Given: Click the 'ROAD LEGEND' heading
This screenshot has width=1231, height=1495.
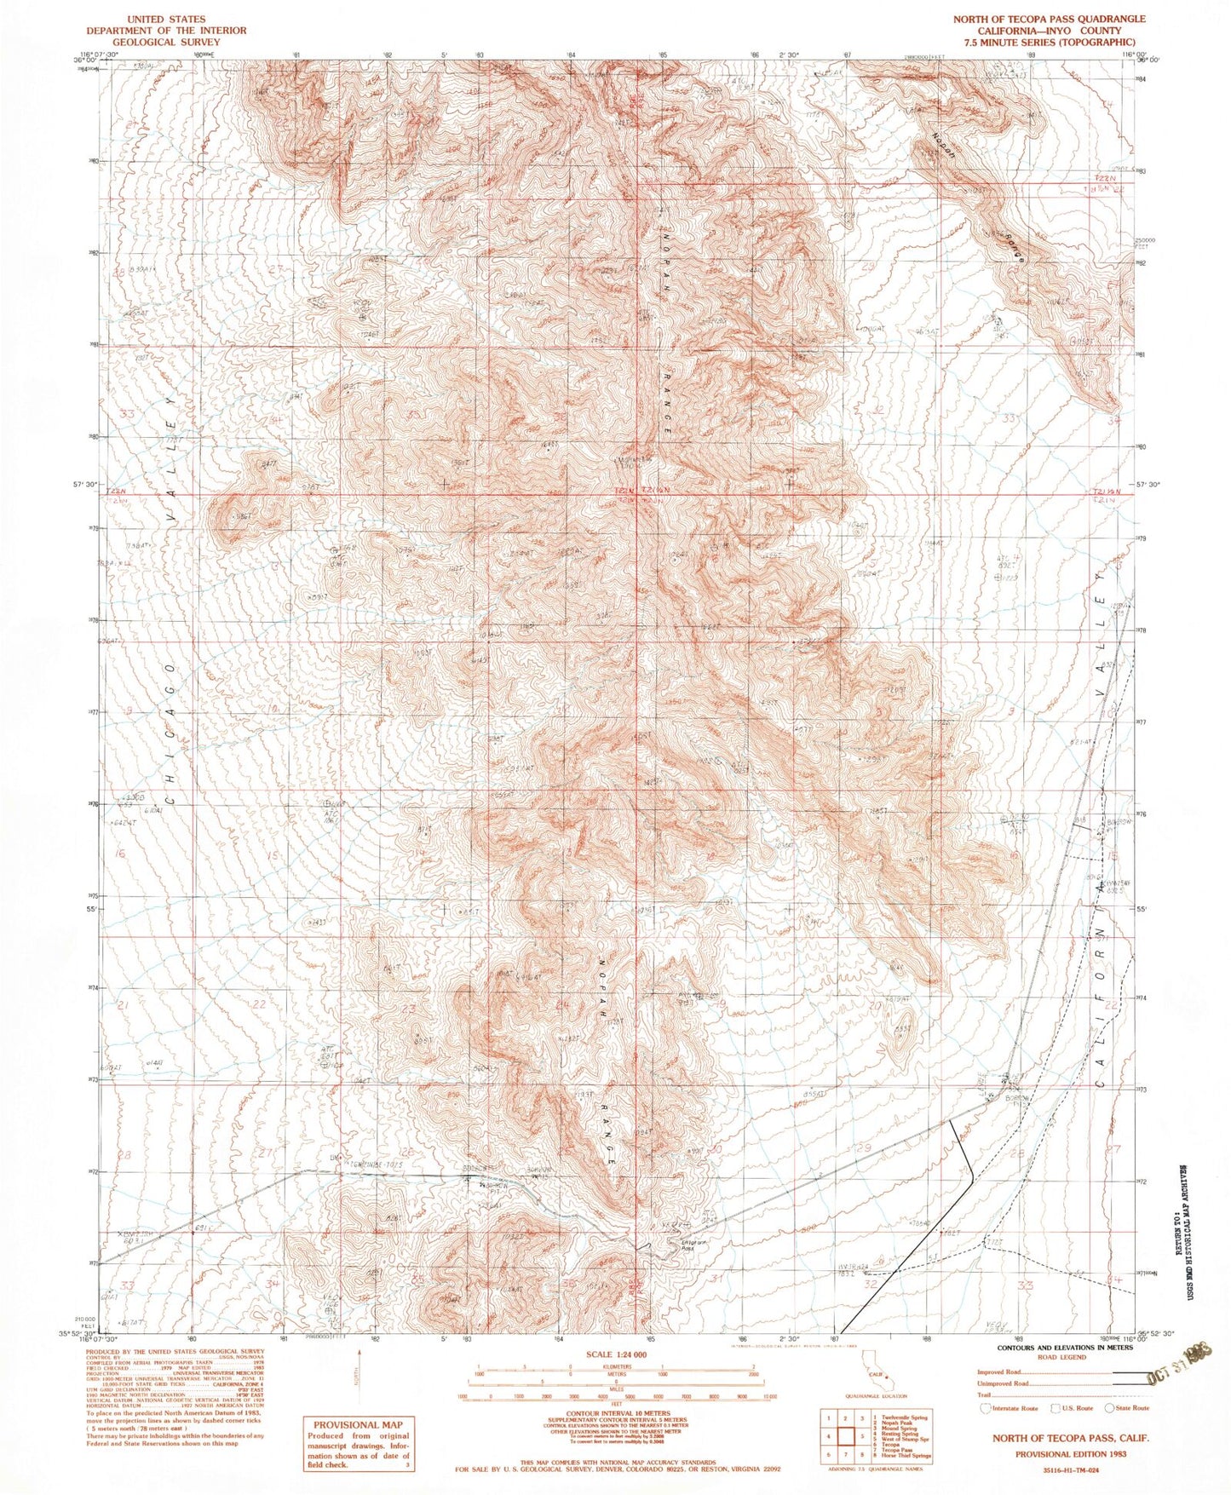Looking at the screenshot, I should pos(1055,1358).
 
